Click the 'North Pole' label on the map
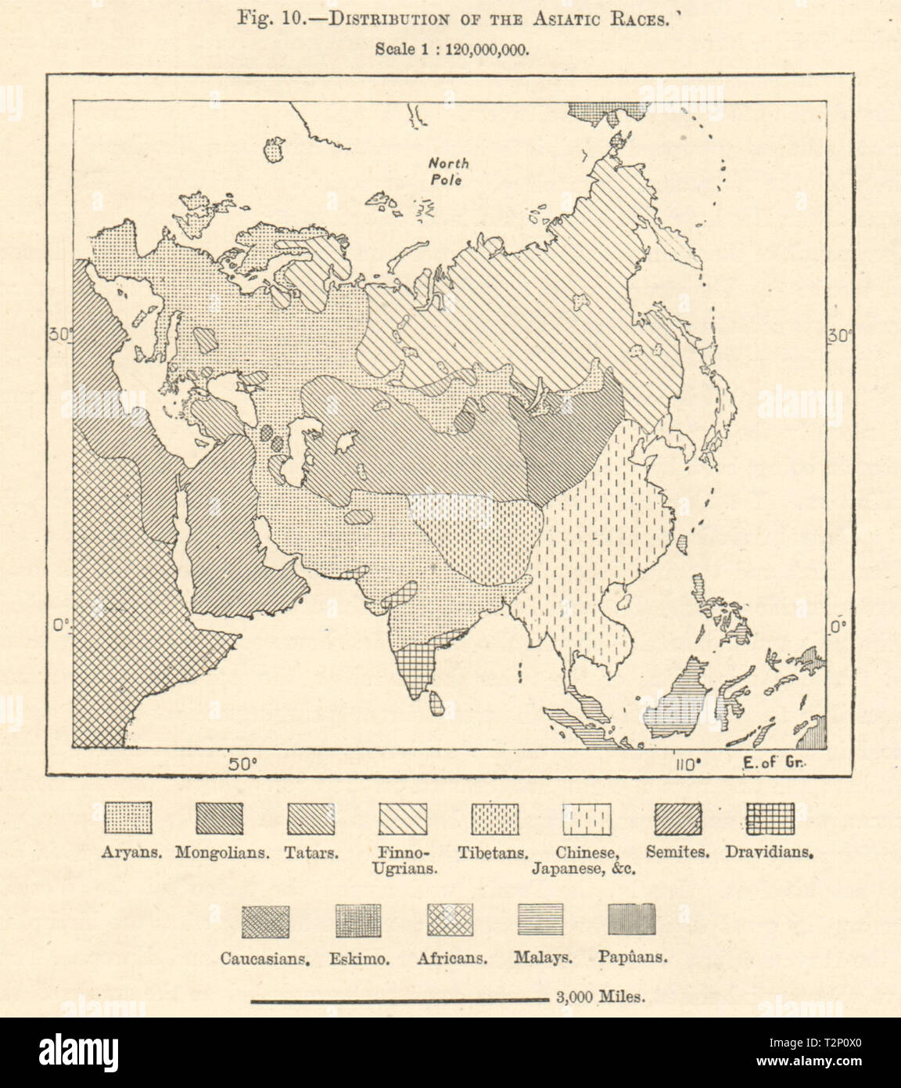pos(448,171)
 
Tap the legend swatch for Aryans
pos(128,820)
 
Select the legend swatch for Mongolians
pos(219,820)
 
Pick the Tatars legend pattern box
pos(311,820)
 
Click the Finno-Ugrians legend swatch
pos(403,820)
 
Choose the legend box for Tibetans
pos(494,820)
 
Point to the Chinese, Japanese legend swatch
pos(587,820)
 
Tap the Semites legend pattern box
pos(678,820)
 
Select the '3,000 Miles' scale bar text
pos(600,997)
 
